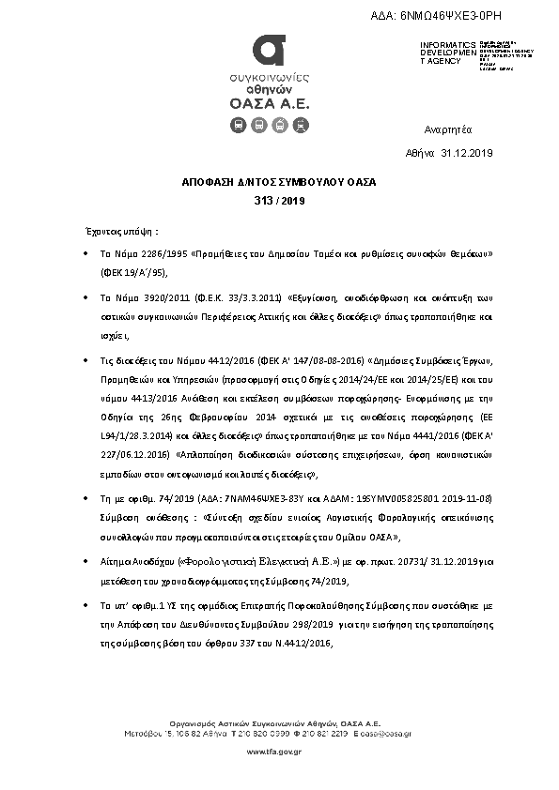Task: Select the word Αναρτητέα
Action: point(448,129)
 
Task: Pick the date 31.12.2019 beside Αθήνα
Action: point(466,152)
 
